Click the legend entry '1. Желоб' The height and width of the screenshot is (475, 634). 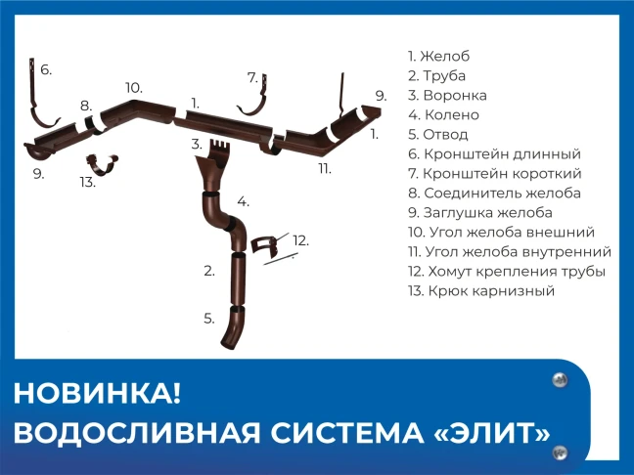(438, 56)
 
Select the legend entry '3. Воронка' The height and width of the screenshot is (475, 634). (447, 96)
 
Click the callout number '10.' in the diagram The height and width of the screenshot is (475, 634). (134, 88)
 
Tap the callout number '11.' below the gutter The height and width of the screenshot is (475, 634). (325, 168)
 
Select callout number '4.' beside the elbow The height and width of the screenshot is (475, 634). (243, 201)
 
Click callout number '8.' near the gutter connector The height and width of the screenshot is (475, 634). (86, 106)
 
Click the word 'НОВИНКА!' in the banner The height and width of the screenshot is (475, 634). (97, 394)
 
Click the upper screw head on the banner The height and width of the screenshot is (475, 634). (560, 380)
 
